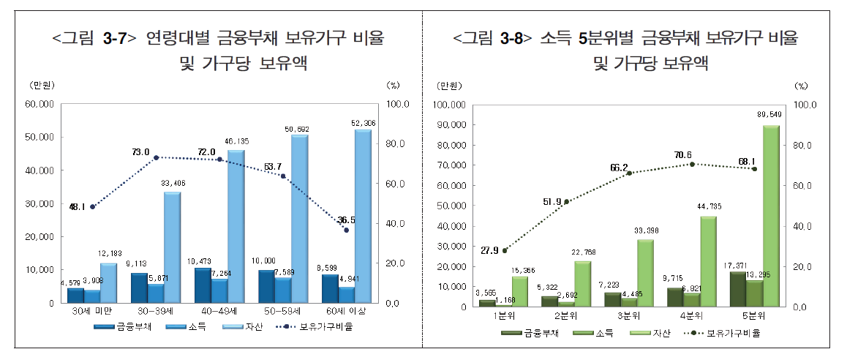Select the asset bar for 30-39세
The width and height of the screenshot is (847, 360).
click(x=171, y=247)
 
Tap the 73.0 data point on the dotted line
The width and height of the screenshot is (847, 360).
click(x=156, y=157)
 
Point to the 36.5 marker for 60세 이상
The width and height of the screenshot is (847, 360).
click(x=347, y=230)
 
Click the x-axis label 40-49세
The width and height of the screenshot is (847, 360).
click(x=218, y=312)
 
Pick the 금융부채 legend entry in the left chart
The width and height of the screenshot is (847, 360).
click(x=120, y=327)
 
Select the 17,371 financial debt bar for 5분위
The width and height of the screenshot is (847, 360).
click(x=737, y=289)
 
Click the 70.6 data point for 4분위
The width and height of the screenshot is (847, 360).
click(x=692, y=164)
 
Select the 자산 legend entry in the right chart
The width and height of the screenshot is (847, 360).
click(x=645, y=333)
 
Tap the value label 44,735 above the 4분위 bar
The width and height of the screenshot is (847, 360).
click(x=707, y=207)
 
